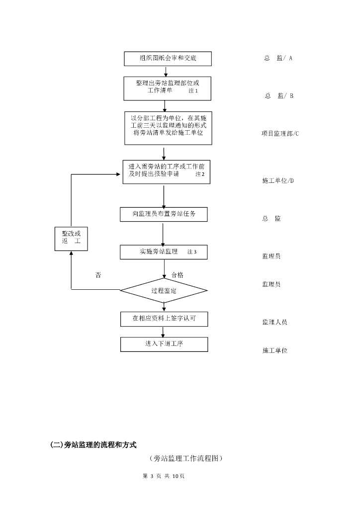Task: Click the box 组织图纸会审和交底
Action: pos(168,59)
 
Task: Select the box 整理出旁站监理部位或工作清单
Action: pos(168,88)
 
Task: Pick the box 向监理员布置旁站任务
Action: pos(163,214)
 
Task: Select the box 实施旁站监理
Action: pos(163,252)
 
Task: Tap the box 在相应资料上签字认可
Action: pos(164,319)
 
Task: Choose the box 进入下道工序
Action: pos(164,344)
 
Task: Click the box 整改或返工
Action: pos(71,238)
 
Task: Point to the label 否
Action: pos(98,275)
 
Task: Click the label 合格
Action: pos(177,275)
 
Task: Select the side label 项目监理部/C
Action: pos(280,134)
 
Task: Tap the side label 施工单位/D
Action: pos(278,180)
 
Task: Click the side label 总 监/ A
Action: pos(278,58)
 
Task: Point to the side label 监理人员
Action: pos(274,322)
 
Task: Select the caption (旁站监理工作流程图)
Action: pos(185,458)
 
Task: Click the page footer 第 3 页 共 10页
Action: pos(164,476)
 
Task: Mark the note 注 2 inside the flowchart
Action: pos(200,174)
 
